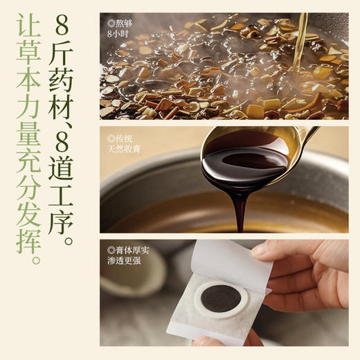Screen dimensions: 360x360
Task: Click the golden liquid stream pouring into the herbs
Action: (299, 42)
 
